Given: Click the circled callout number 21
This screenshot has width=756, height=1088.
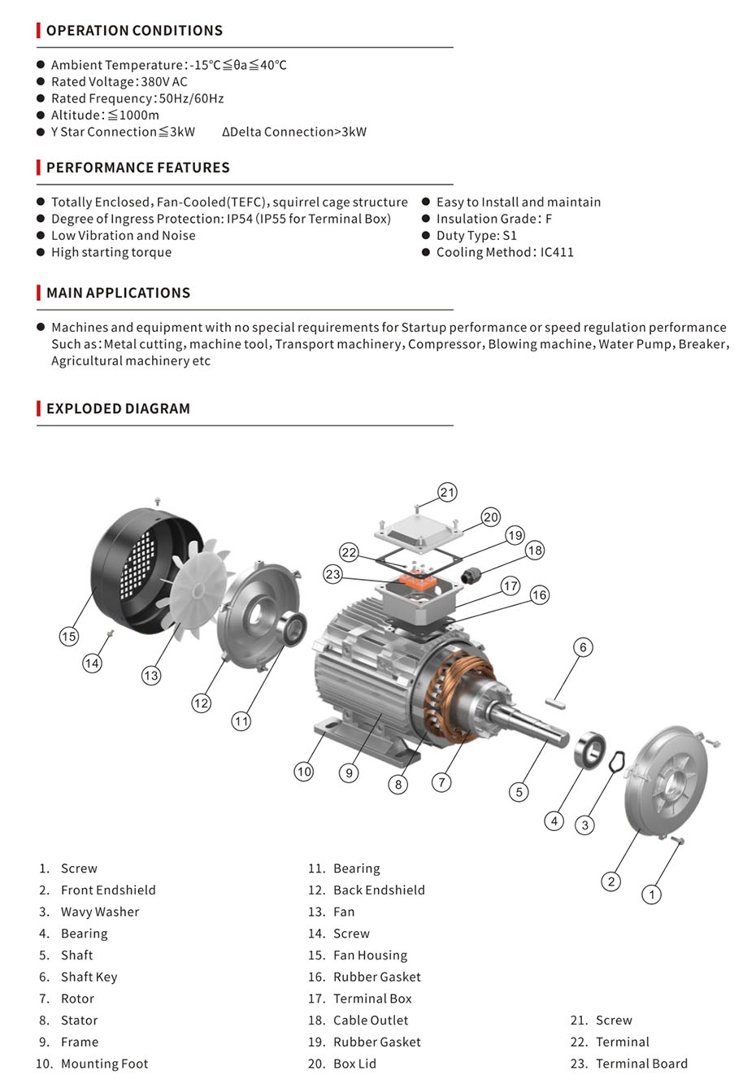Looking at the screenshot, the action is coord(447,493).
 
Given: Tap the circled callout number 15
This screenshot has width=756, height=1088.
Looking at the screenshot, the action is coord(69,636).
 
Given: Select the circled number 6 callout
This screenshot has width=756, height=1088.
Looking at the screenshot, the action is coord(583,647).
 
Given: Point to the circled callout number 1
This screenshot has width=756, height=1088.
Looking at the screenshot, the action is coord(651,894).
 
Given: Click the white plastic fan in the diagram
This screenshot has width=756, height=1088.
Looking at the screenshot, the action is coord(196,589).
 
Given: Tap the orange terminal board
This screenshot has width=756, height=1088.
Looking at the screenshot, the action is coord(417,581).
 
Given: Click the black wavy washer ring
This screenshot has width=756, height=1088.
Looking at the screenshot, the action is coord(617,761).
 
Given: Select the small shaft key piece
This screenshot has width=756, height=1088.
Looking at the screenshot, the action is coord(555,703).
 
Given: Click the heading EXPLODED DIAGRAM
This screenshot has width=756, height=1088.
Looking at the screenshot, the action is coord(118,408).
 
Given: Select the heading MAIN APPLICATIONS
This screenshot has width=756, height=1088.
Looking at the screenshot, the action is coord(118,293).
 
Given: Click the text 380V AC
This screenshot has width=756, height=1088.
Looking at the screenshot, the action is coord(164,81).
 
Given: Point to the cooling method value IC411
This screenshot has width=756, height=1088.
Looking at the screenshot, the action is coord(557,252).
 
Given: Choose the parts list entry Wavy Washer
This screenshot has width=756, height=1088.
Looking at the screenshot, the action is coord(100,912).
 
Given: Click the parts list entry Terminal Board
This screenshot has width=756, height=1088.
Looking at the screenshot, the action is coord(641,1064).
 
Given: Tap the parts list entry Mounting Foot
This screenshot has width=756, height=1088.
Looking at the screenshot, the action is coord(104,1064).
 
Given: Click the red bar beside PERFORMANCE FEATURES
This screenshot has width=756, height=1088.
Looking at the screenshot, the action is coord(38,168).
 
